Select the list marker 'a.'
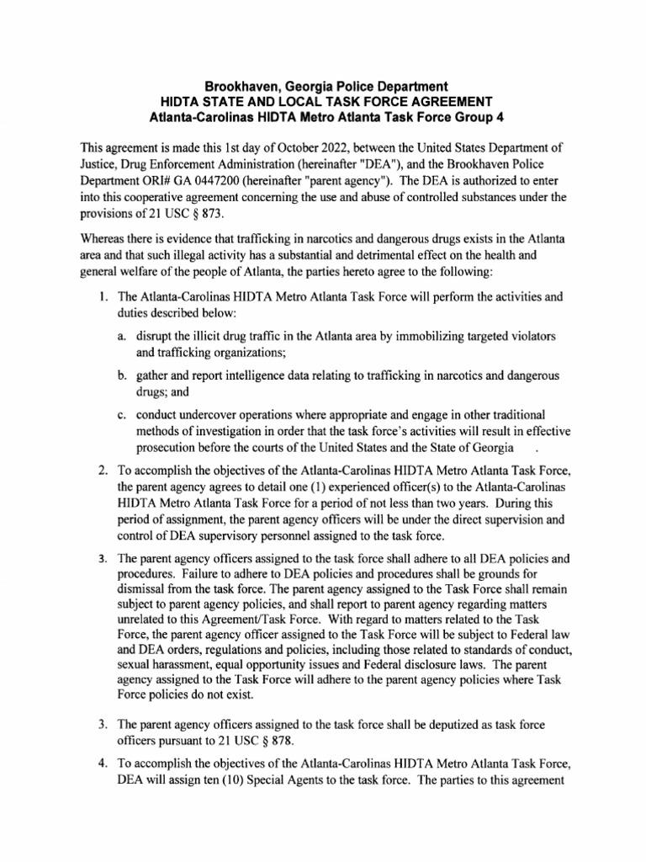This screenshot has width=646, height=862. point(123,336)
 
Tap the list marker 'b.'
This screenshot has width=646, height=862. point(123,375)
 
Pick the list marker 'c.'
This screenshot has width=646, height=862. point(123,413)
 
